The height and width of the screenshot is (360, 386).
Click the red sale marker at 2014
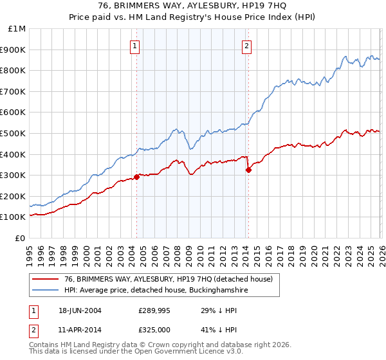[248, 170]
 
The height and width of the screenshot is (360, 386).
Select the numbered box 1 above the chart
[135, 46]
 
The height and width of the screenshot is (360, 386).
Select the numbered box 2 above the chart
[247, 46]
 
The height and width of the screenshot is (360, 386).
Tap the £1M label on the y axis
[17, 29]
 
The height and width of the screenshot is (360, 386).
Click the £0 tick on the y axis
[21, 238]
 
